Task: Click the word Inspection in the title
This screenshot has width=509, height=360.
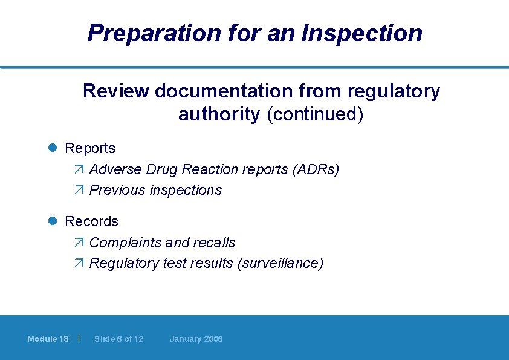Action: coord(363,33)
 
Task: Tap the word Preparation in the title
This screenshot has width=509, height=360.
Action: coord(154,33)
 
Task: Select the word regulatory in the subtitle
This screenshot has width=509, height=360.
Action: coord(394,91)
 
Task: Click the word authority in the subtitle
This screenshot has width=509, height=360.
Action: coord(219,114)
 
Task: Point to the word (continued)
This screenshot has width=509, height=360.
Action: coord(315,114)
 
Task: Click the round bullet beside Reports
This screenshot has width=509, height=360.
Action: coord(53,148)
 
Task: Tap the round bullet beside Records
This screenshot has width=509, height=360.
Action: coord(53,221)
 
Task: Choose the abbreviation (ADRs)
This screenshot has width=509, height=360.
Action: coord(316,169)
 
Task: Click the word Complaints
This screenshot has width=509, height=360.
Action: coord(125,243)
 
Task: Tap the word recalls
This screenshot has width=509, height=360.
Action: coord(213,243)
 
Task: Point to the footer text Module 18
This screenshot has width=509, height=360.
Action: coord(48,339)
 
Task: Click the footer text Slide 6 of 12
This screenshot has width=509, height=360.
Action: coord(119,339)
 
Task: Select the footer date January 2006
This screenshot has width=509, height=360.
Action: coord(196,339)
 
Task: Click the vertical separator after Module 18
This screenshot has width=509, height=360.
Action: coord(79,338)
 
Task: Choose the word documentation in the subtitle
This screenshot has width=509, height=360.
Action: coord(248,91)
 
